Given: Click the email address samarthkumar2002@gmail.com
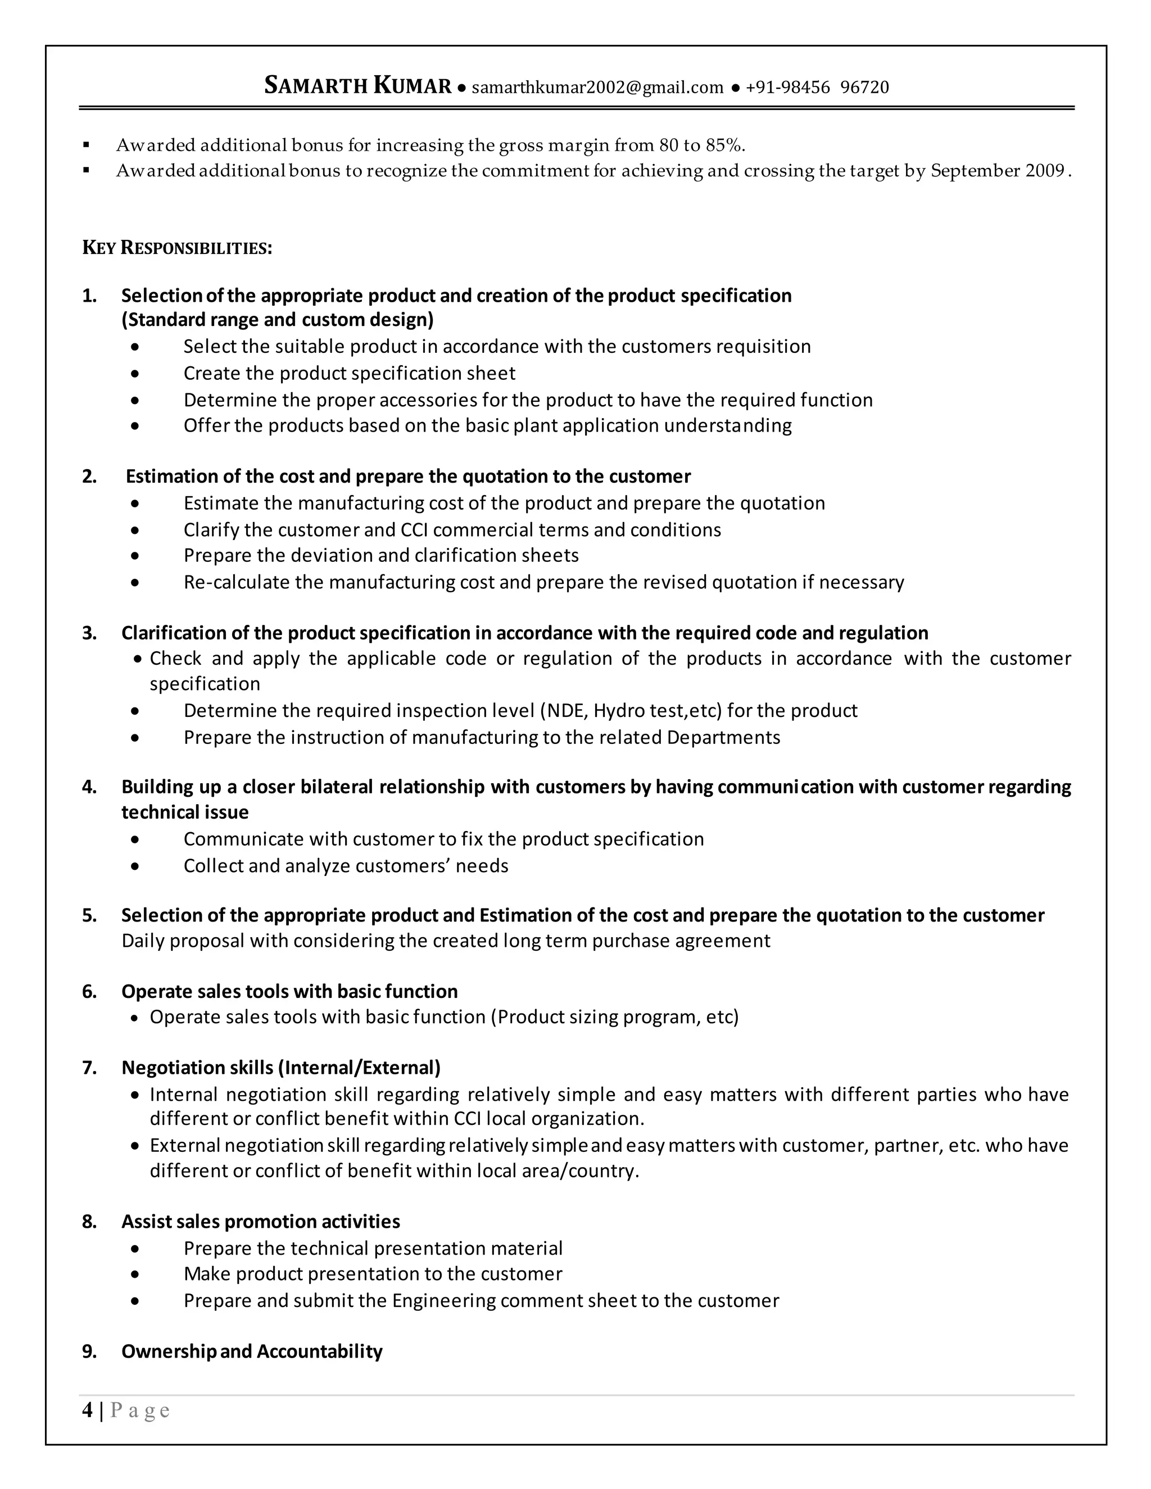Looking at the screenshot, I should [x=597, y=87].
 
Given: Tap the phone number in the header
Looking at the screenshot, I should [x=817, y=87].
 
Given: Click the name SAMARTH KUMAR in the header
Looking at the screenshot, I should [x=357, y=86].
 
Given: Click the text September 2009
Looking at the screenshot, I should [x=997, y=170].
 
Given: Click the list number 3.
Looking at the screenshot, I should [x=89, y=633].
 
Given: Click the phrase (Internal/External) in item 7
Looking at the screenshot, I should [x=359, y=1067].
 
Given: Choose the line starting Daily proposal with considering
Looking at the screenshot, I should [x=446, y=941].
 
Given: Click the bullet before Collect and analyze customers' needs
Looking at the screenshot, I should [x=135, y=866].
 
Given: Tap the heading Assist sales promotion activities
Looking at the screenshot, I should [x=260, y=1221].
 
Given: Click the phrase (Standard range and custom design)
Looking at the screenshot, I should [x=278, y=319].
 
